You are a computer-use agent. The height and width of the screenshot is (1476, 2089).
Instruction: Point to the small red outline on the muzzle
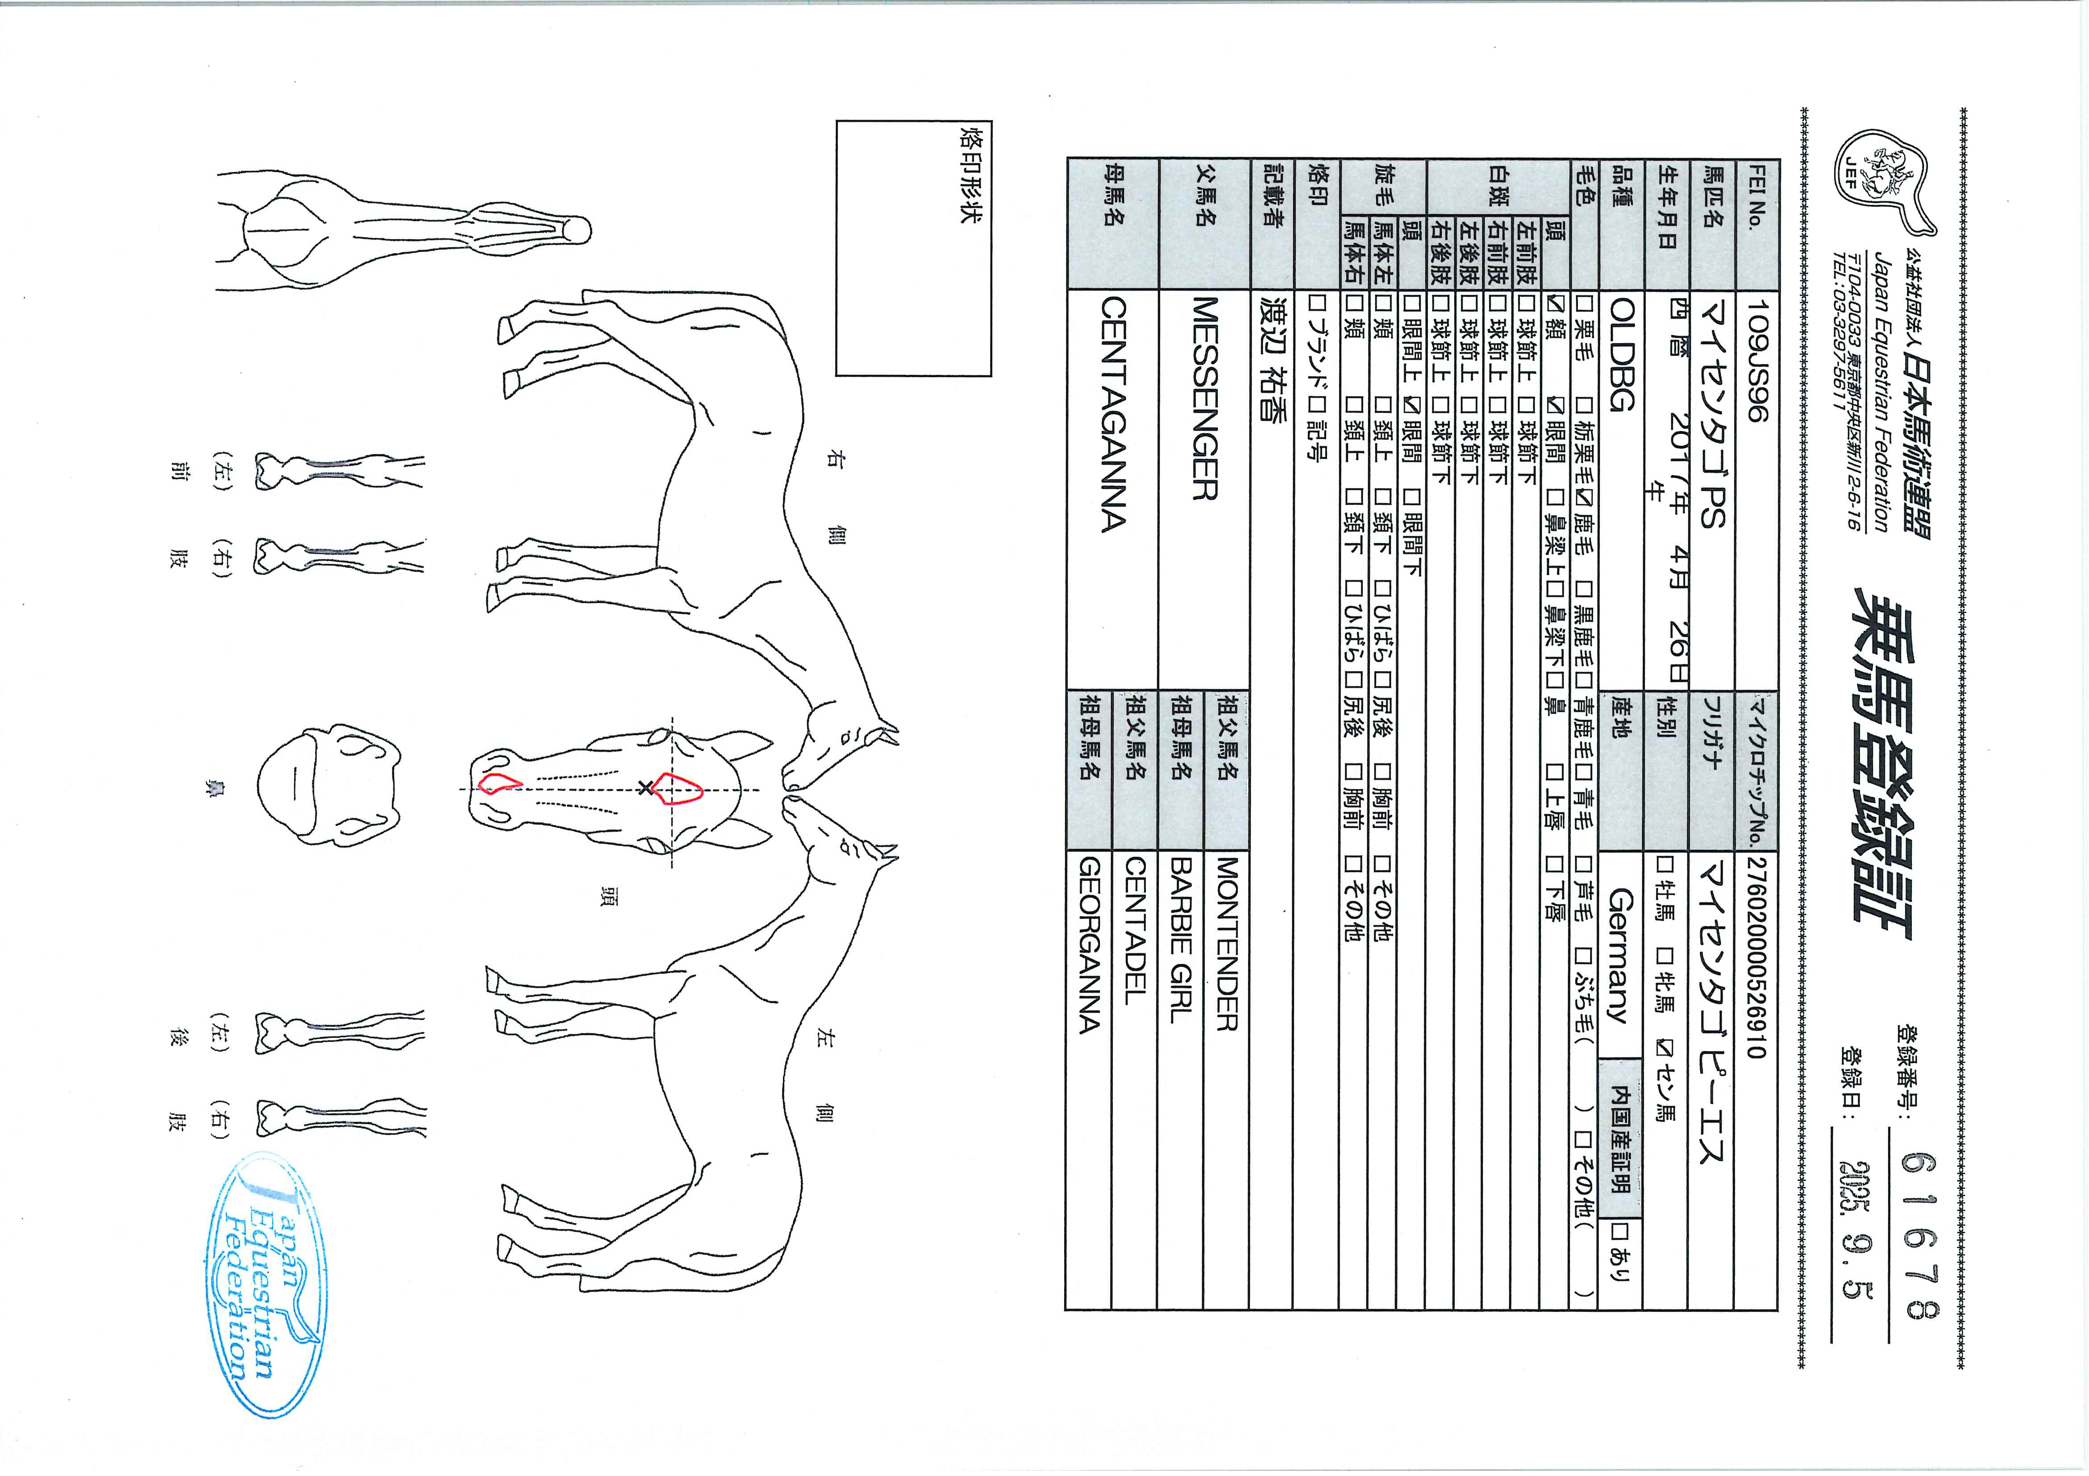tap(499, 782)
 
